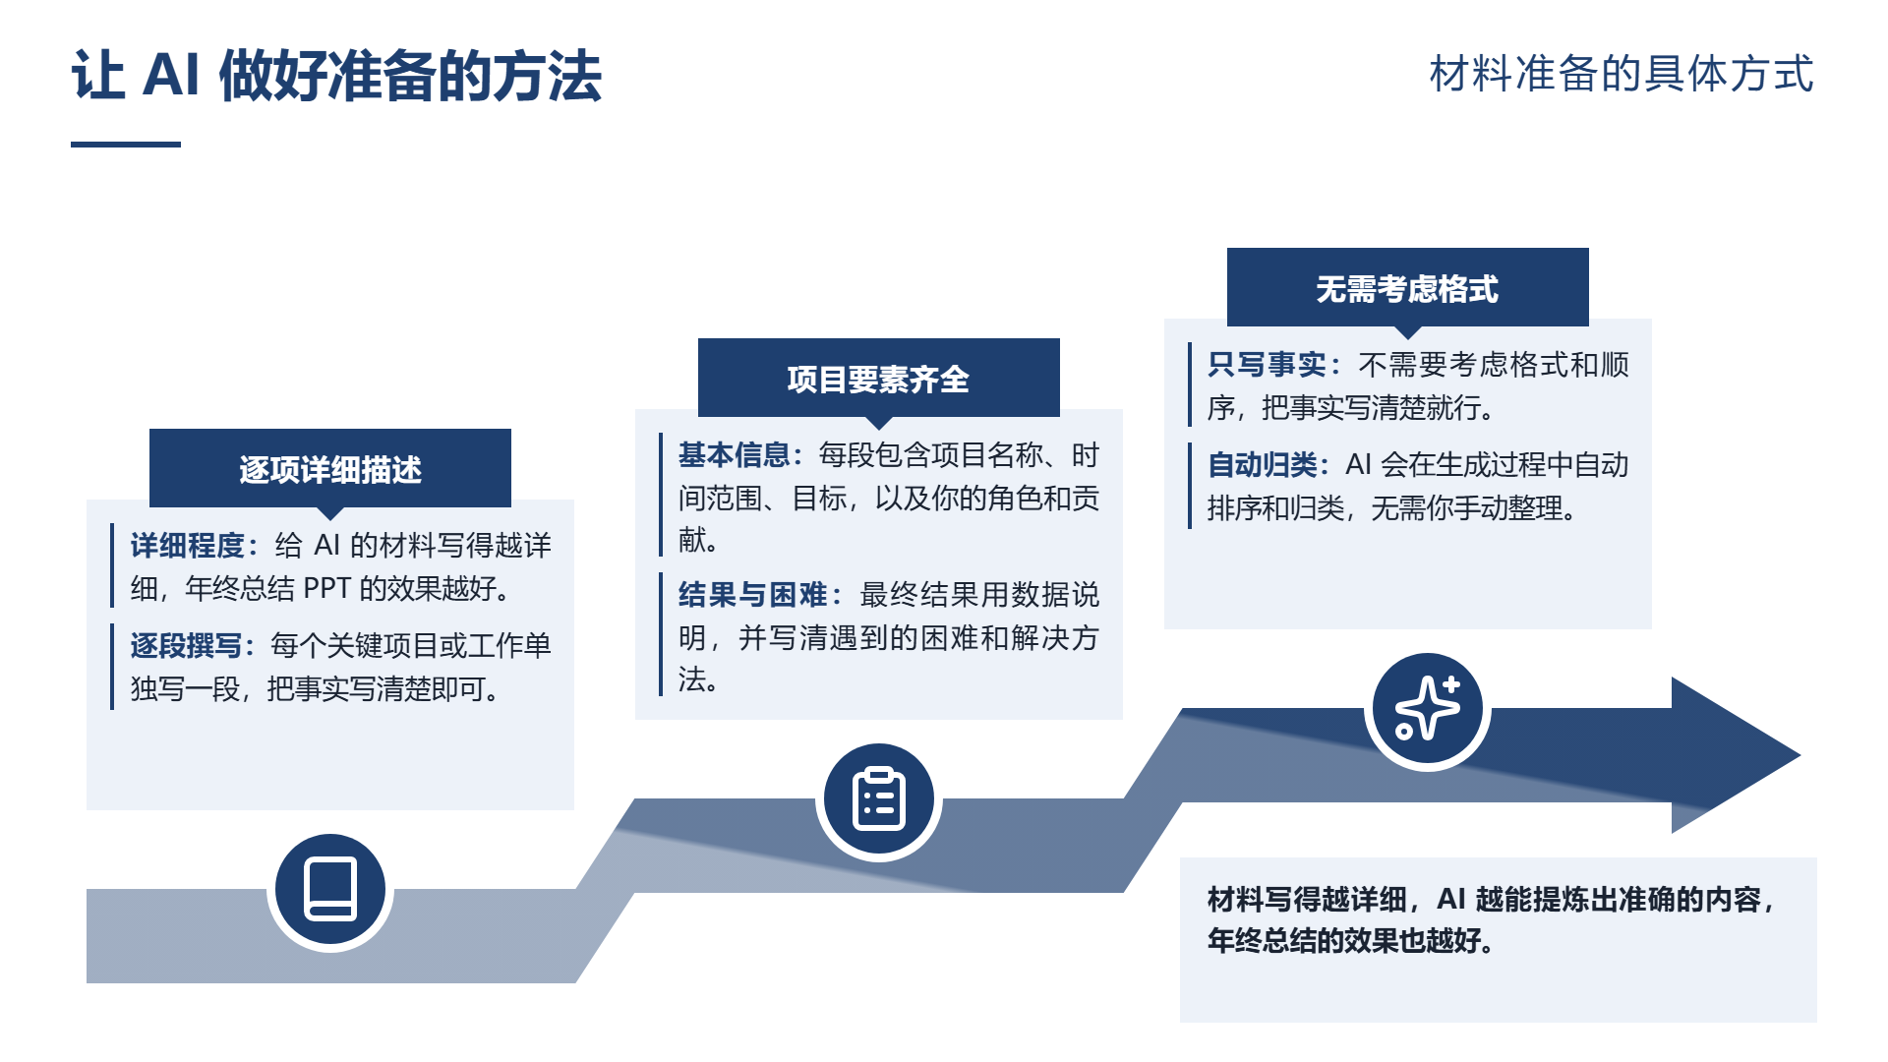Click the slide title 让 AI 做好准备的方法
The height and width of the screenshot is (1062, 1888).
pos(336,76)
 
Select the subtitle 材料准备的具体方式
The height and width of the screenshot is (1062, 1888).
pos(1622,74)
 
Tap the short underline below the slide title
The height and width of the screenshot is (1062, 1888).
pos(126,145)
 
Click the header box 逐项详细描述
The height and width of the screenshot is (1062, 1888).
pos(330,468)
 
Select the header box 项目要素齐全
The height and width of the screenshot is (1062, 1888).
pos(879,379)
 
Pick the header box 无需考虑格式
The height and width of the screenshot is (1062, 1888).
pos(1408,288)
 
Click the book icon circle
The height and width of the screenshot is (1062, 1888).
pos(330,889)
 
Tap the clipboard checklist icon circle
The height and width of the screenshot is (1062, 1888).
pos(879,798)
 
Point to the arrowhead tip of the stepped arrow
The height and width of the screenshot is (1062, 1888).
pos(1799,755)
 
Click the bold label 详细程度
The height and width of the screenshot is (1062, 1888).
pos(188,545)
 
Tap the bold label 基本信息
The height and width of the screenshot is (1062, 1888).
pos(735,454)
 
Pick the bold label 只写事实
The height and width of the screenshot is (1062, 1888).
pos(1267,364)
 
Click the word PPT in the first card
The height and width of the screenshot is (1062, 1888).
pos(327,588)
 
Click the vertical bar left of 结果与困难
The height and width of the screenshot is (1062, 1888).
pos(661,634)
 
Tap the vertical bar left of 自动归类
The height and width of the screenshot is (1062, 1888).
pos(1190,486)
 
